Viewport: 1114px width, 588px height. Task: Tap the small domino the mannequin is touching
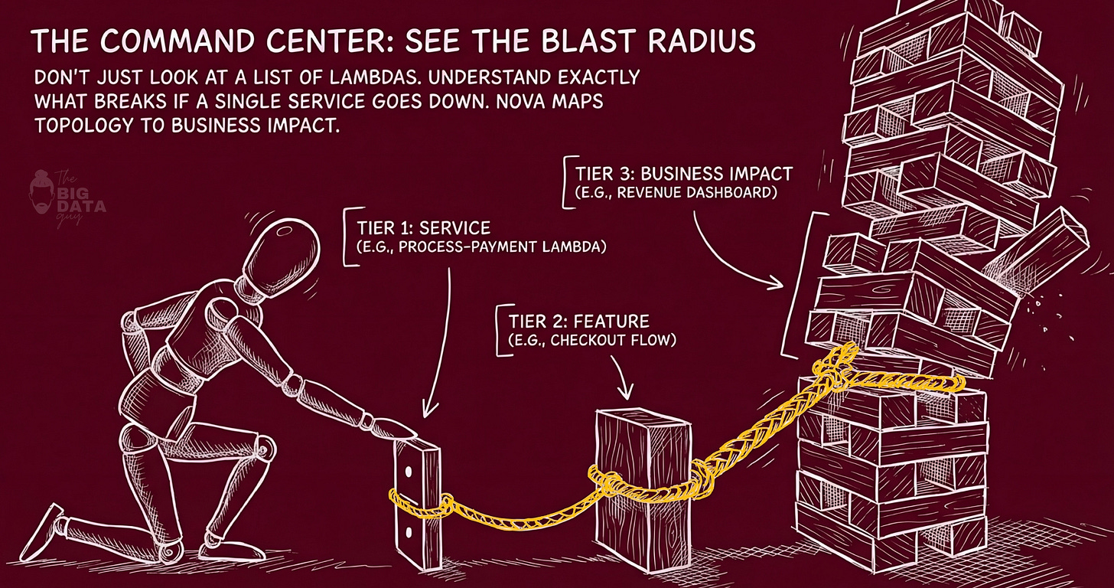coord(418,494)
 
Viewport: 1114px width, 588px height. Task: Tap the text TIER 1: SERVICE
coord(423,228)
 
